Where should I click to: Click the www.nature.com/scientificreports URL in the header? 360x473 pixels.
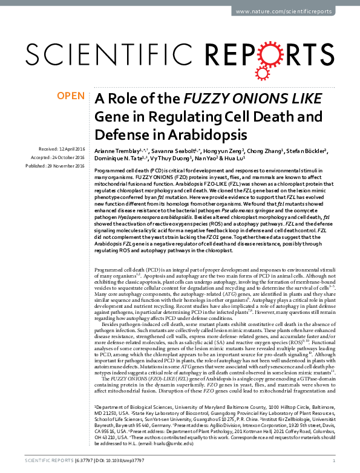click(286, 12)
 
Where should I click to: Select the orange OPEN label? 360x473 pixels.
click(70, 96)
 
